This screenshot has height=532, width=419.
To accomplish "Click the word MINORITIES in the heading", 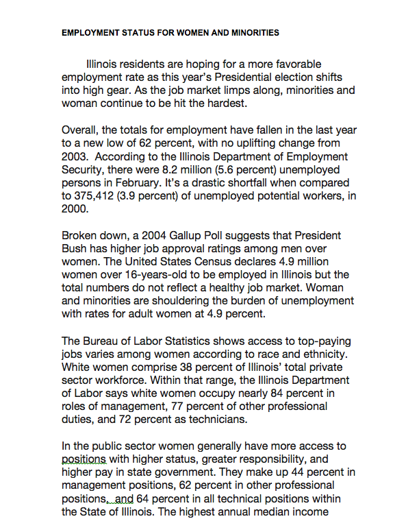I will click(x=251, y=32).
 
